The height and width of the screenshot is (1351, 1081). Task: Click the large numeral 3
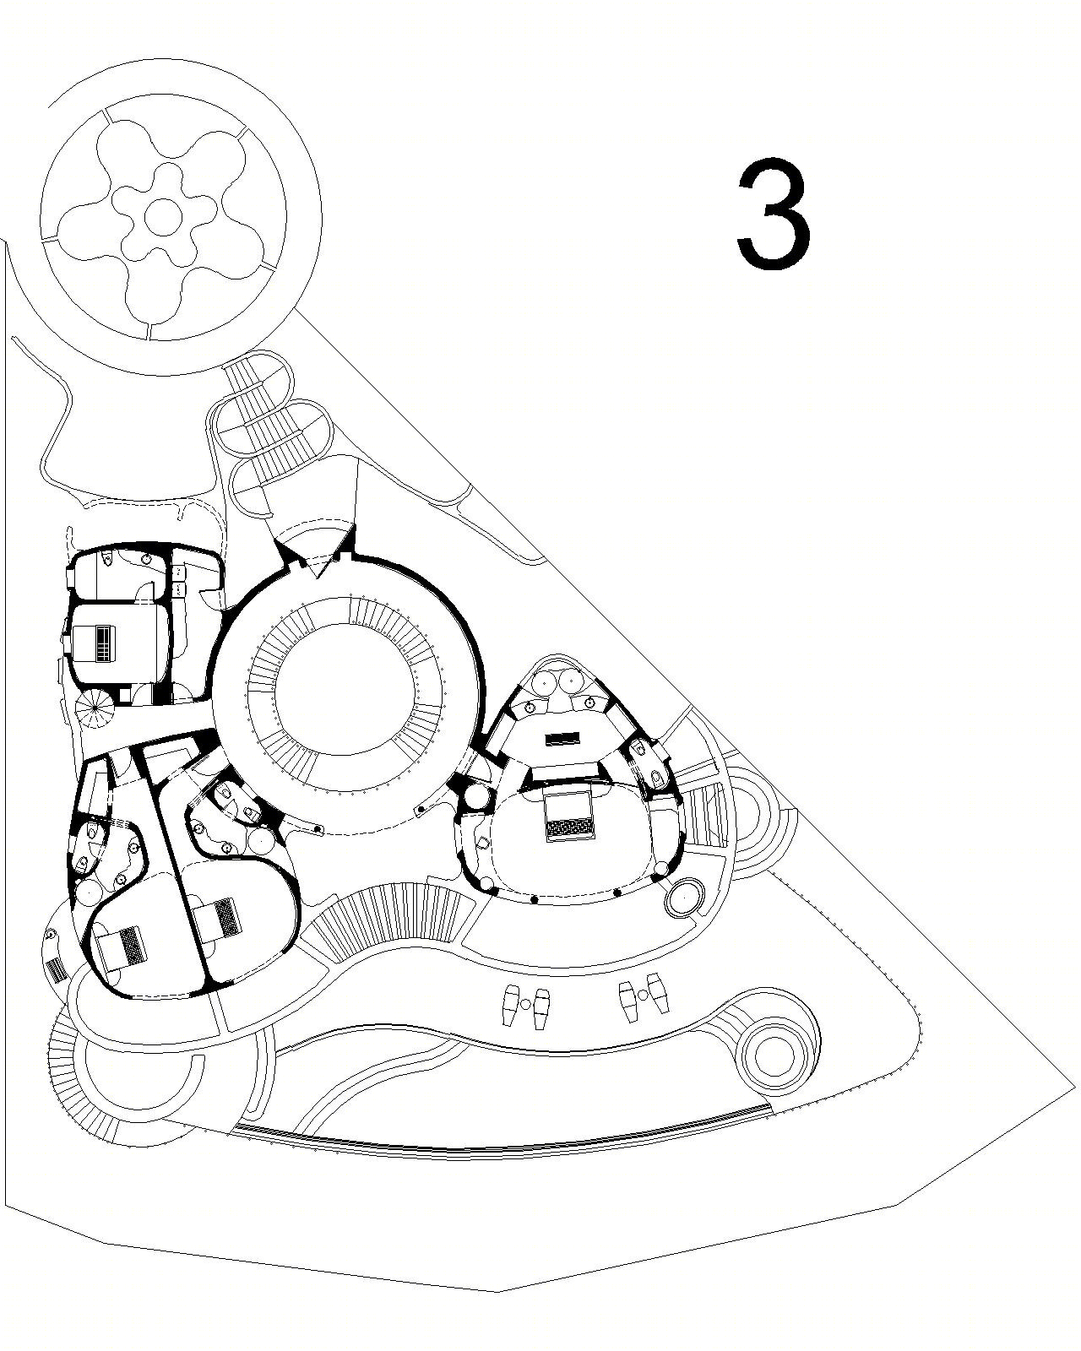[774, 214]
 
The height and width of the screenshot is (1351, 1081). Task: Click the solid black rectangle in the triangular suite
[562, 739]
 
